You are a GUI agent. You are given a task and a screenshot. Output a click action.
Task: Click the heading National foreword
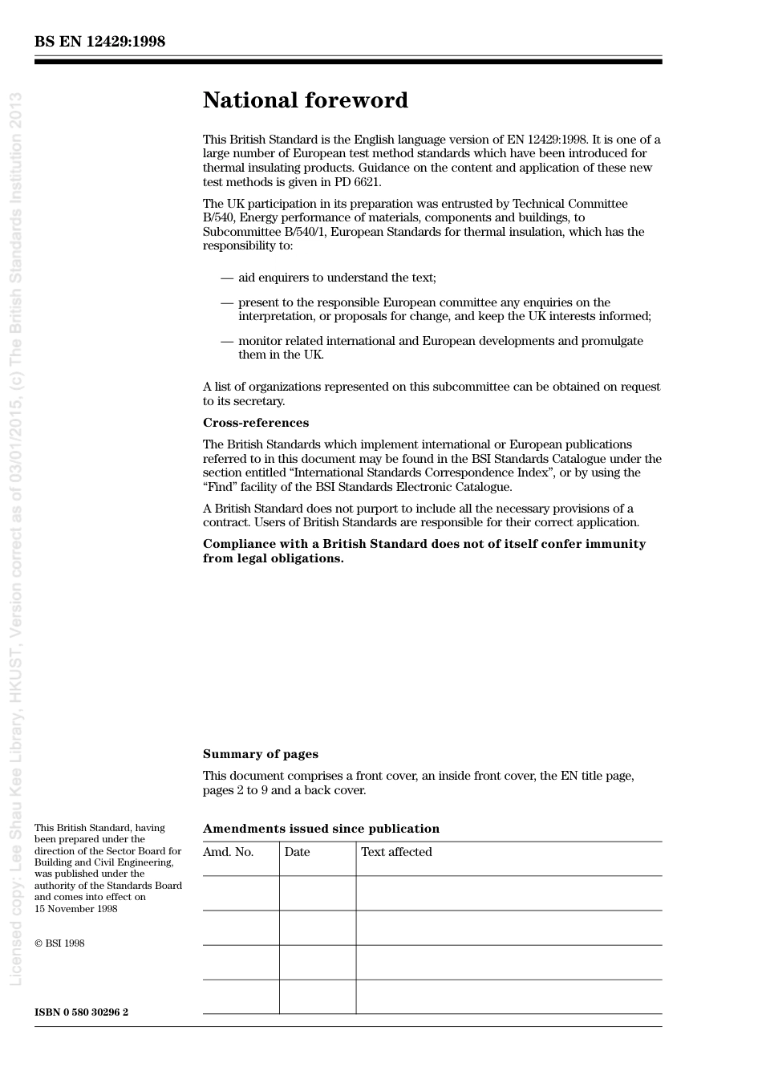pyautogui.click(x=305, y=100)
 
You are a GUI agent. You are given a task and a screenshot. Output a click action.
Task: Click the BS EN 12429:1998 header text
pyautogui.click(x=99, y=42)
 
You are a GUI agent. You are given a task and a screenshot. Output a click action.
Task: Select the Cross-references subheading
pyautogui.click(x=255, y=423)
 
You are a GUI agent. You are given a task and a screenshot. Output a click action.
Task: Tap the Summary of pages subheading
pyautogui.click(x=260, y=754)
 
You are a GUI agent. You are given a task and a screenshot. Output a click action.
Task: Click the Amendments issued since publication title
pyautogui.click(x=321, y=829)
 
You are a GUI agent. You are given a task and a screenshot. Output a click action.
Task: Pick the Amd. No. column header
pyautogui.click(x=228, y=852)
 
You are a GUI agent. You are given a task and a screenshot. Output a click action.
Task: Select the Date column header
pyautogui.click(x=297, y=852)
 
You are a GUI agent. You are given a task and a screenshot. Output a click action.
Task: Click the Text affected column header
pyautogui.click(x=396, y=852)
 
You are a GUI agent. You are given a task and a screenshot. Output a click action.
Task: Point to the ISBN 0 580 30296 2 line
pyautogui.click(x=81, y=1012)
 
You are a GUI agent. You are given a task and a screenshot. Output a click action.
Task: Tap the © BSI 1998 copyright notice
pyautogui.click(x=59, y=943)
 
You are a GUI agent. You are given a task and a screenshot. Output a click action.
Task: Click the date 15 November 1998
pyautogui.click(x=75, y=909)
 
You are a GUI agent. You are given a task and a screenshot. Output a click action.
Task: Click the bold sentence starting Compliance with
pyautogui.click(x=424, y=551)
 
